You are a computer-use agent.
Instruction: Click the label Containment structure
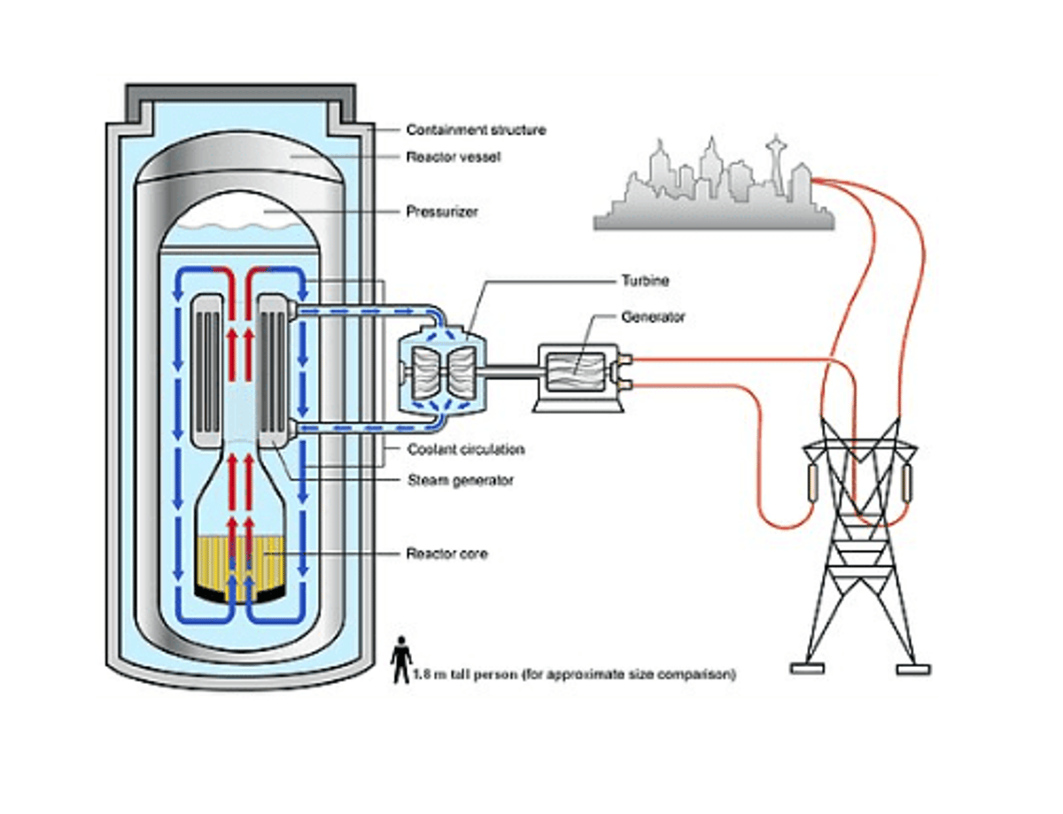476,130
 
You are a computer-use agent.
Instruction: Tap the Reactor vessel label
454,157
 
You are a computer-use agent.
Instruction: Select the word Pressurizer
442,213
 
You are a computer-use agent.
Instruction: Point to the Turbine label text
644,282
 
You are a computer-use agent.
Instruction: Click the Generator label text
652,316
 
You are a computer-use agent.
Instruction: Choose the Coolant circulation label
465,450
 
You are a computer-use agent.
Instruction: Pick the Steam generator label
460,480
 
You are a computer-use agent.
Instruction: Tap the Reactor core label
446,554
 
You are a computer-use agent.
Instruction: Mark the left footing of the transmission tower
807,669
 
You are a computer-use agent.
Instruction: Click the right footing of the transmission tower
912,669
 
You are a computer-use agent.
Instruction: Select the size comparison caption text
574,675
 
